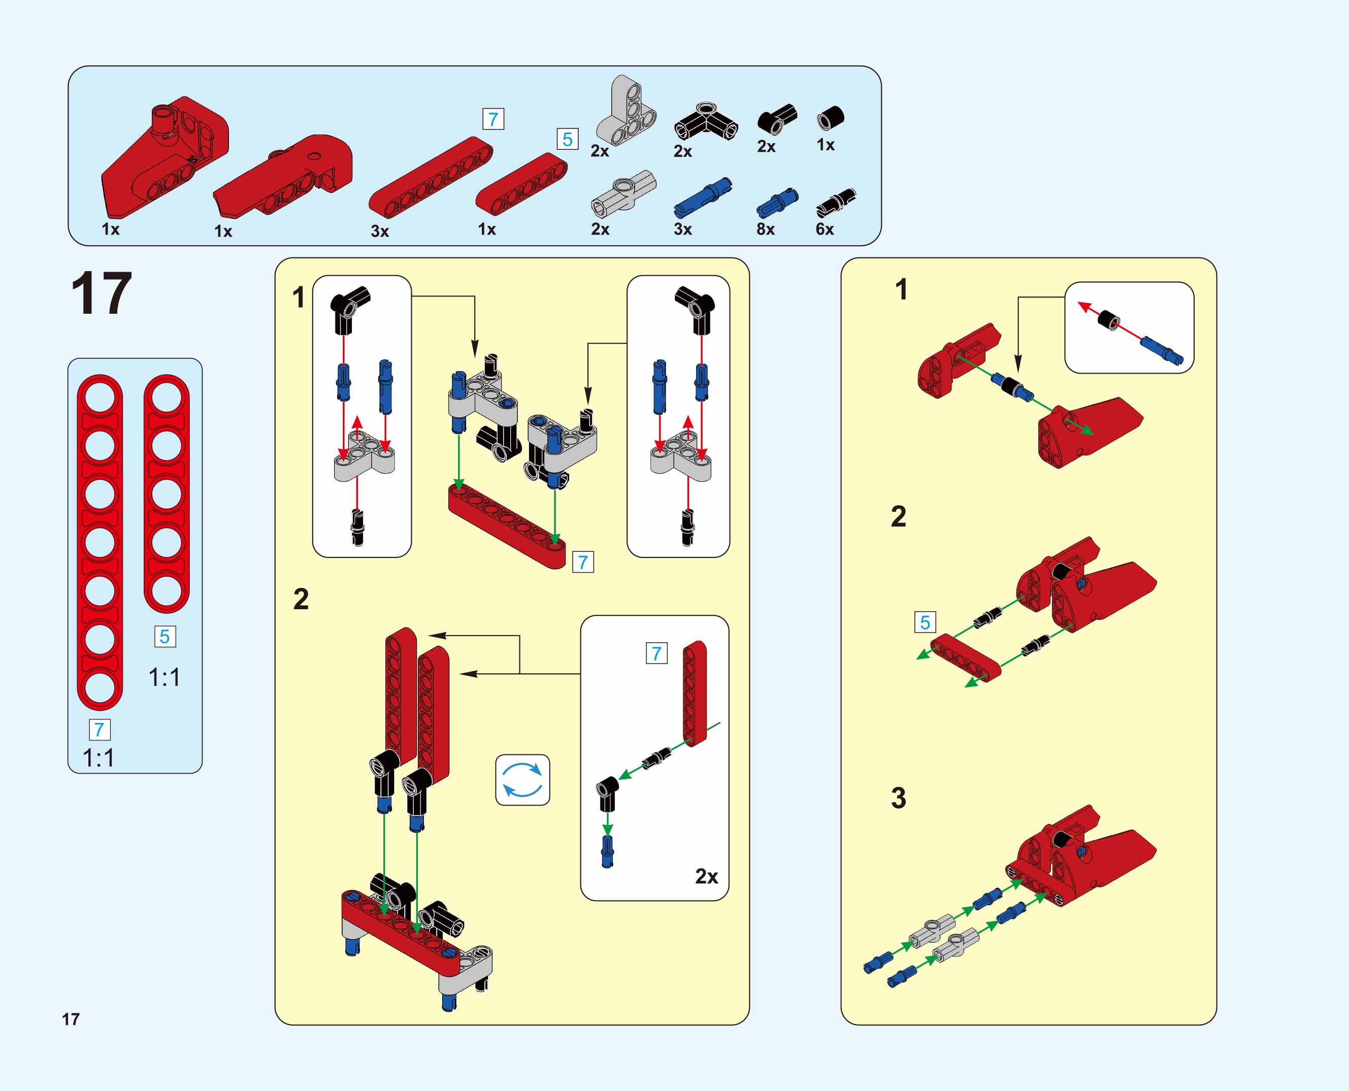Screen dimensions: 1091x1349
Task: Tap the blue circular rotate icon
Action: [522, 779]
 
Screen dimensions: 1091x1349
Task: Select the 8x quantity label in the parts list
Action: [765, 229]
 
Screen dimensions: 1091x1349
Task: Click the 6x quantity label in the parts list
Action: [824, 229]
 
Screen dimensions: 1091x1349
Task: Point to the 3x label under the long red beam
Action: [380, 232]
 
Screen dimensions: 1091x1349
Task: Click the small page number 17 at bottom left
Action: [71, 1019]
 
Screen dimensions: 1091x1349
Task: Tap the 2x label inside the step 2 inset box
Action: [706, 876]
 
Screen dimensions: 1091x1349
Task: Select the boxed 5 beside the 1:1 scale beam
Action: [164, 637]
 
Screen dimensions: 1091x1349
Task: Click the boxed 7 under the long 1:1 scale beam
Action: [100, 730]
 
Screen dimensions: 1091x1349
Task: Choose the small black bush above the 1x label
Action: [830, 118]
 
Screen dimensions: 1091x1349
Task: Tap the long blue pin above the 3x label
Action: [703, 197]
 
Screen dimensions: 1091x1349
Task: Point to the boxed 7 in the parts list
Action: [493, 119]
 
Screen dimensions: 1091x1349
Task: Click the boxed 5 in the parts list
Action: [567, 139]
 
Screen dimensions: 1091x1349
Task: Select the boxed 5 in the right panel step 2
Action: [925, 623]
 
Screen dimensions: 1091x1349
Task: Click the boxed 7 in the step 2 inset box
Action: [656, 653]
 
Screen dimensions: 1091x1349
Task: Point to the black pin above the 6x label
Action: [836, 203]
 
